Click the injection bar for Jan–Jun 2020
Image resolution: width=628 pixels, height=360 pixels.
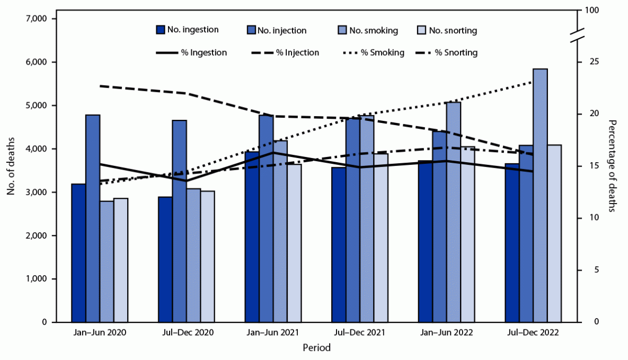[x=93, y=223]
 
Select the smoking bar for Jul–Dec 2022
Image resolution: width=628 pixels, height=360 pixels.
[x=541, y=201]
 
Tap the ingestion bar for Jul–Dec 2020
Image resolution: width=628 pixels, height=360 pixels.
[x=165, y=260]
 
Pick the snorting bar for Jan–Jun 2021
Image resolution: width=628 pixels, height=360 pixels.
[x=294, y=244]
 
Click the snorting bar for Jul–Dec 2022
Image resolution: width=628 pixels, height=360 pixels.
[x=554, y=233]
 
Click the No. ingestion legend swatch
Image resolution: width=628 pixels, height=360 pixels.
[x=160, y=30]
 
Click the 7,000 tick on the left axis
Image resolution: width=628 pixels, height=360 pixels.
[x=37, y=19]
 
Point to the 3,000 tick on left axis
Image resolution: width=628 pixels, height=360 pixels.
[x=37, y=192]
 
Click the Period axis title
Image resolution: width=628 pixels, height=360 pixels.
[x=316, y=348]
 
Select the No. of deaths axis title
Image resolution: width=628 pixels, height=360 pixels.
[x=11, y=166]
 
